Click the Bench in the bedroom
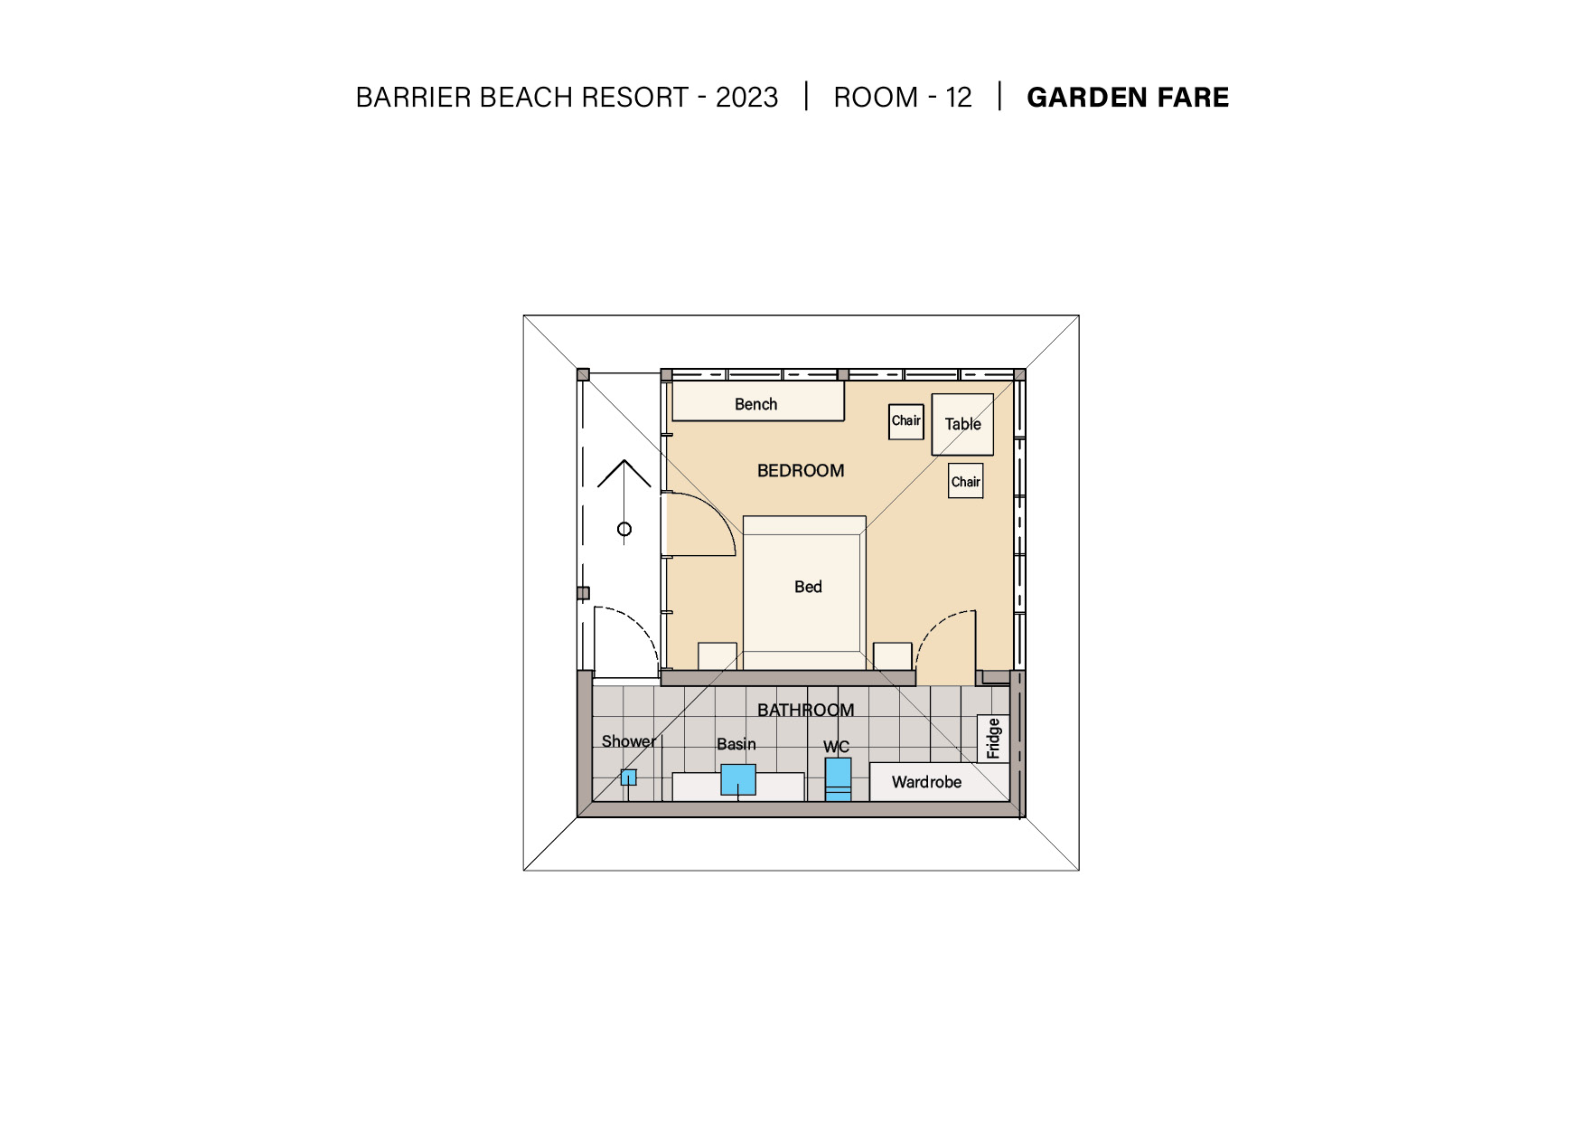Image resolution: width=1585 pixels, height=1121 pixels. point(758,401)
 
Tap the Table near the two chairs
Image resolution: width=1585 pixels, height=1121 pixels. point(962,424)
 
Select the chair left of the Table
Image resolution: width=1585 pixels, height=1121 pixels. point(905,421)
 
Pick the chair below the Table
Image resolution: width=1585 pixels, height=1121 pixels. point(965,481)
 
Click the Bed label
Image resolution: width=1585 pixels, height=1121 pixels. point(808,587)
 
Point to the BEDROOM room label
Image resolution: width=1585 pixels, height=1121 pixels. point(801,470)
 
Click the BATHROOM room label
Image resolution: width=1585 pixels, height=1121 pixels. point(805,710)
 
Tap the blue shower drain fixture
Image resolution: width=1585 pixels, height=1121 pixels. point(628,777)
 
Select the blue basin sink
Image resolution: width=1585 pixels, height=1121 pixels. point(737,779)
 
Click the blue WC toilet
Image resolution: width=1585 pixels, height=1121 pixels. point(838,779)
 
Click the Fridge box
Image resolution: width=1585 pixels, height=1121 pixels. point(993,739)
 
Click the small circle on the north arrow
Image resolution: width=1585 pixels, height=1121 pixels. point(624,529)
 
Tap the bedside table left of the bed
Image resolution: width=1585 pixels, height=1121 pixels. point(717,656)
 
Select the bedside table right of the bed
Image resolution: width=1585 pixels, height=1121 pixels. point(893,656)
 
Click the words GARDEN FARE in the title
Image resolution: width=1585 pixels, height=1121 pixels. point(1128,97)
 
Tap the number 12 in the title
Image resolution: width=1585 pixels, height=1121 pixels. point(958,97)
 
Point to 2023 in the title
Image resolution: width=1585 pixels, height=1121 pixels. point(746,97)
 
